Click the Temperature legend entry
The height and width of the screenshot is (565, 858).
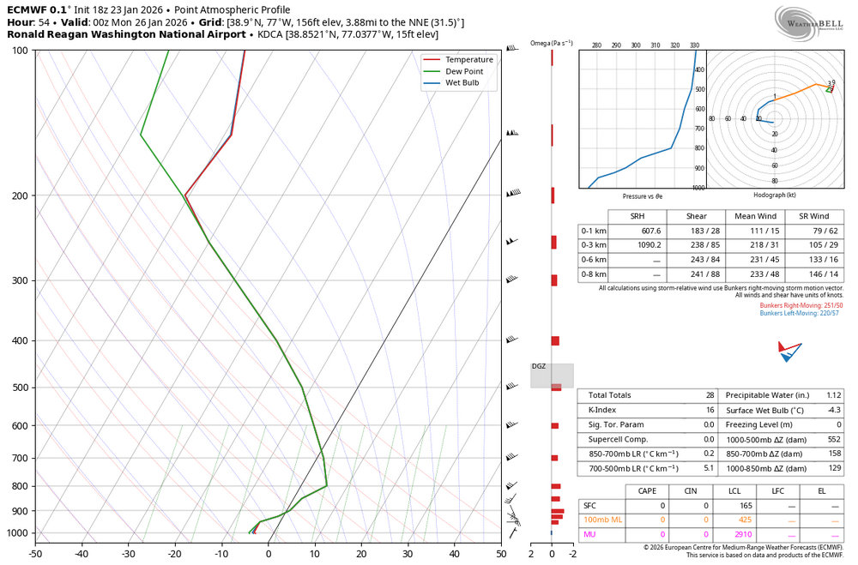[468, 59]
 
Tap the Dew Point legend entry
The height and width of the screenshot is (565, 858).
[464, 71]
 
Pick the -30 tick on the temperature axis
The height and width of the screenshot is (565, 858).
[129, 553]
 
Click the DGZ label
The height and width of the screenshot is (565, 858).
[538, 366]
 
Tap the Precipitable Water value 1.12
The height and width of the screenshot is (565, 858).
[835, 395]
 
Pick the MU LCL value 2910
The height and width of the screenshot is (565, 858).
[744, 535]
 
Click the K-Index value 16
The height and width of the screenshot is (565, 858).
[709, 410]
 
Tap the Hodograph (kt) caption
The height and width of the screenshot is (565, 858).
[774, 195]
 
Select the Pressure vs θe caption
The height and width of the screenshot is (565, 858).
[642, 196]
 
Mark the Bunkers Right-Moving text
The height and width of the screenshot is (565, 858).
[807, 305]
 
